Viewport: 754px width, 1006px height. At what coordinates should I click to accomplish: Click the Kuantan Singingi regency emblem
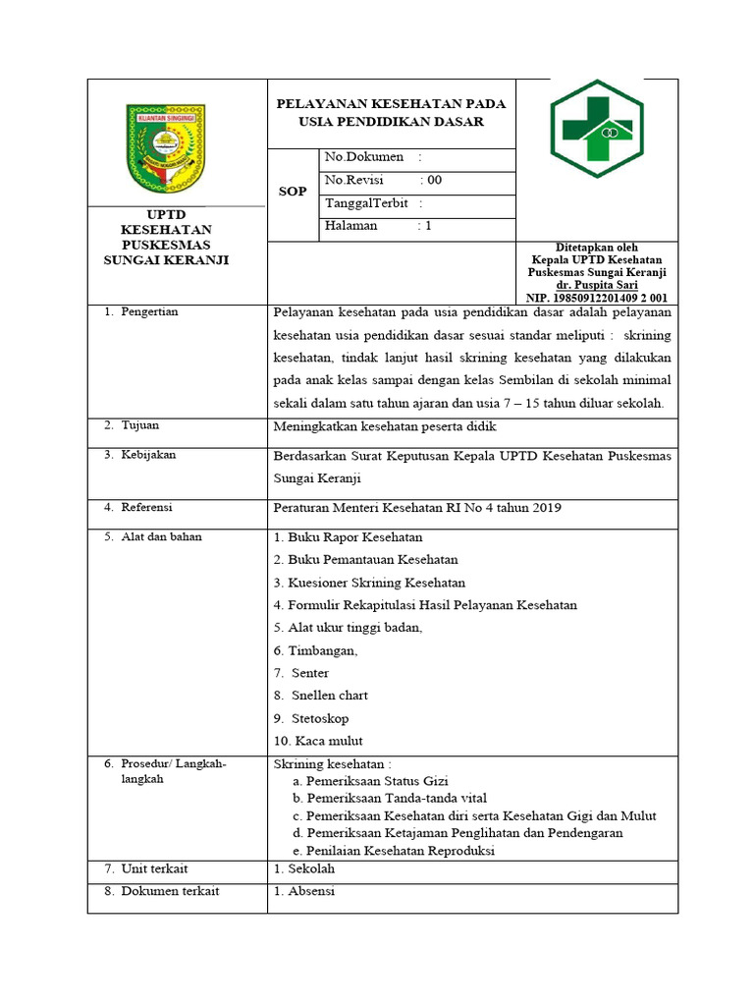pos(166,149)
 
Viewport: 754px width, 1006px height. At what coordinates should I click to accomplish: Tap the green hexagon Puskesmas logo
pos(596,127)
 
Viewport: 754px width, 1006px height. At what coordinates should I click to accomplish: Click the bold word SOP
pos(292,191)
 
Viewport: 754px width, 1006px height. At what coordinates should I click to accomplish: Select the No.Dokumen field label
pos(363,156)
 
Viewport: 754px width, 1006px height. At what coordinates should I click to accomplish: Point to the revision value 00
pos(433,180)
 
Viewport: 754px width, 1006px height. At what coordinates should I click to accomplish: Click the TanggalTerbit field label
pos(366,203)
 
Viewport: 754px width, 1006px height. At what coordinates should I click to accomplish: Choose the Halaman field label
pos(350,226)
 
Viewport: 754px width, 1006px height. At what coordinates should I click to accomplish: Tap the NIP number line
pos(597,297)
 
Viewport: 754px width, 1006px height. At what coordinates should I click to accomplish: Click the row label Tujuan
pos(139,425)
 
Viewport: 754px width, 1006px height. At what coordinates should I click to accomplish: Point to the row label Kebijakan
pos(148,455)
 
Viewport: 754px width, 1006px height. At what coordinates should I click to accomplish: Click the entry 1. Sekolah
pos(304,869)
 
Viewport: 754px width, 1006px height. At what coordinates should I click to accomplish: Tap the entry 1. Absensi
pos(304,891)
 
